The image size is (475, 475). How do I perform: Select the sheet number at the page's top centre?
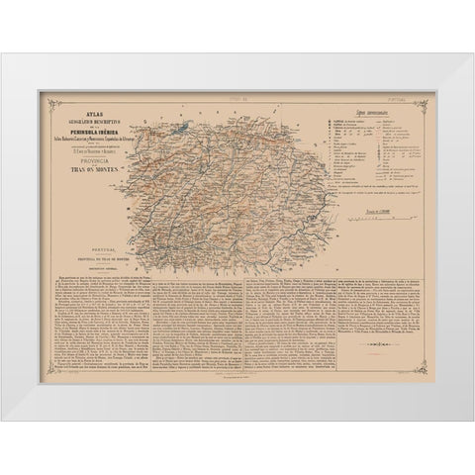[x=237, y=99]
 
